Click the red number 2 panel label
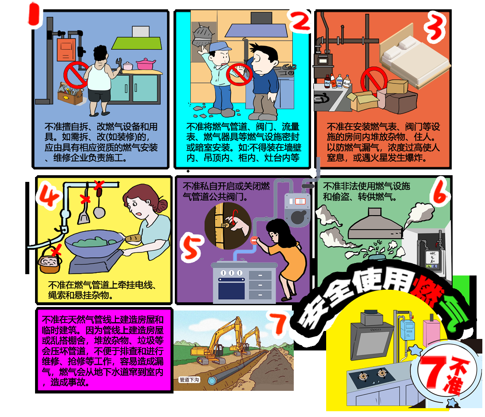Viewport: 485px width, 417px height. [x=300, y=20]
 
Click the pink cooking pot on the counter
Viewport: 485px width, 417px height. [x=146, y=64]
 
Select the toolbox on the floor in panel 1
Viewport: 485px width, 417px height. [x=70, y=94]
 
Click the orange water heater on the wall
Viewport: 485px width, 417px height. [x=66, y=49]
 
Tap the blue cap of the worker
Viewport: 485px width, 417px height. [x=219, y=47]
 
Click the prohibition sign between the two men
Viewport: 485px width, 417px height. [x=240, y=75]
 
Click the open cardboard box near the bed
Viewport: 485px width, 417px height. [x=363, y=101]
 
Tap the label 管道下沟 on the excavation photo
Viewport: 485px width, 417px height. [x=189, y=380]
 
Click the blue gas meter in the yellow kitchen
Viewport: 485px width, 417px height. [x=407, y=330]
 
